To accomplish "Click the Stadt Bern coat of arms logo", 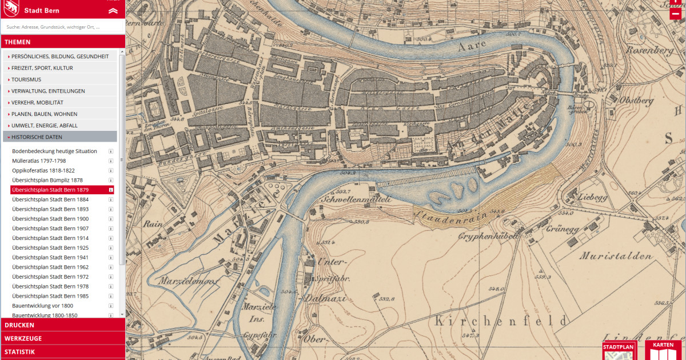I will tap(11, 8).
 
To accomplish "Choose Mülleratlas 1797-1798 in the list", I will tap(39, 161).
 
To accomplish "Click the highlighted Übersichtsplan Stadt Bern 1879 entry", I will tap(50, 190).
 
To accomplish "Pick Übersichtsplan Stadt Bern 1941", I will tap(50, 257).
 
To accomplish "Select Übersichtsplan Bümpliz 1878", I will tap(47, 180).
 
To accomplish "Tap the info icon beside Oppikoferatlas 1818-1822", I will tap(111, 170).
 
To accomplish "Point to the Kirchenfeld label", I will tap(501, 321).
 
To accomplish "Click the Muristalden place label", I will tap(615, 256).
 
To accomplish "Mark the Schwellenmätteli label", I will tap(356, 199).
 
